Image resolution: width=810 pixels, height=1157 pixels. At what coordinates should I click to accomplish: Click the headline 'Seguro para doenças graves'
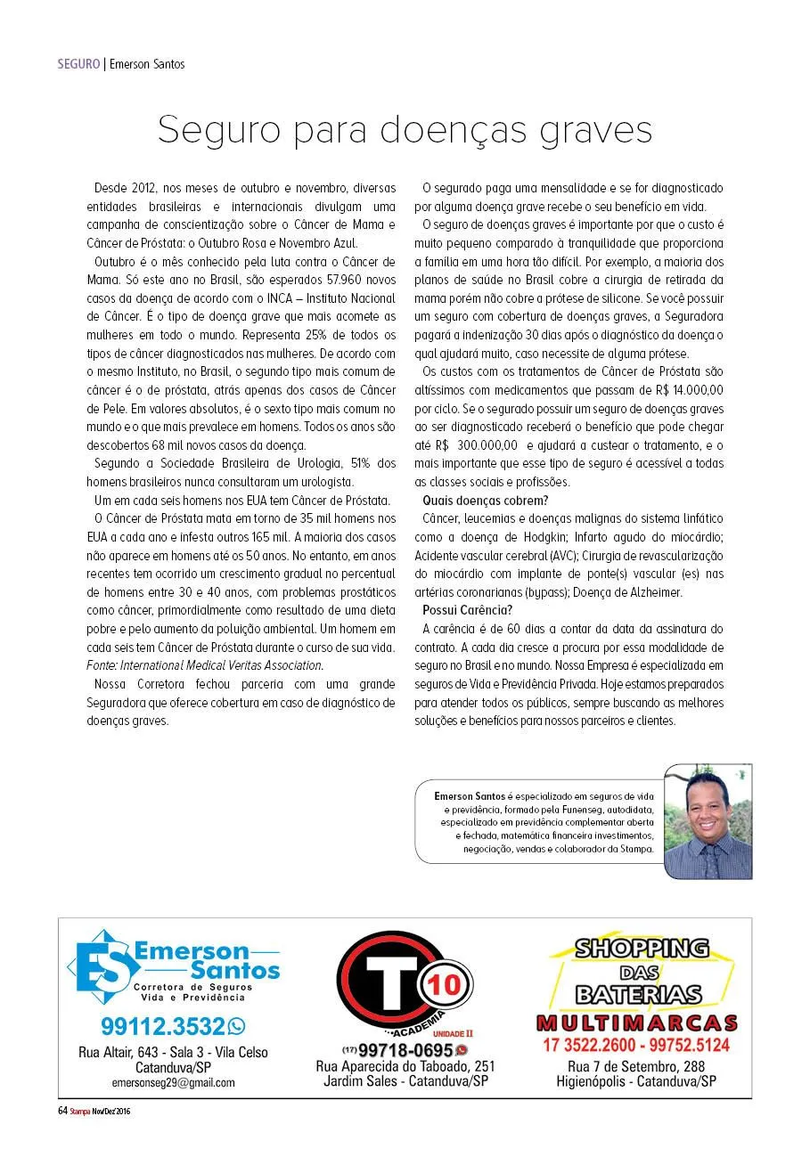(x=405, y=130)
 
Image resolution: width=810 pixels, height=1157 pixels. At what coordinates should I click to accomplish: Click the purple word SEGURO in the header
(x=78, y=64)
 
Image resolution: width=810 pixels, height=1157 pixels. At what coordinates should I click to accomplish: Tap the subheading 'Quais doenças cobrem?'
(x=472, y=500)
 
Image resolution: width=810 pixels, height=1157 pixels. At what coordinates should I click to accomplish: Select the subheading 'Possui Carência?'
(x=467, y=610)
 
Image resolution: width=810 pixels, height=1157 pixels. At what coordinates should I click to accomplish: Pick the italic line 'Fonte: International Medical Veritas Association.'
(x=205, y=665)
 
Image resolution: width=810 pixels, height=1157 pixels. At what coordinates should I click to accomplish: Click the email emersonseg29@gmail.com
(x=173, y=1083)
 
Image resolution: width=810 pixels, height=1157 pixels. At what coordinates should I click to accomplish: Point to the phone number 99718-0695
(x=405, y=1050)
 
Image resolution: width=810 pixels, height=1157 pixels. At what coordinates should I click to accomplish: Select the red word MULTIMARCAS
(x=636, y=1023)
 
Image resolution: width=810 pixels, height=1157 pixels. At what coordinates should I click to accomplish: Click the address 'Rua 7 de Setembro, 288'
(x=636, y=1067)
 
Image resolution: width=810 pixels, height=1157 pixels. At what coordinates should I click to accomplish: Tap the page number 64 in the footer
(x=62, y=1111)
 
